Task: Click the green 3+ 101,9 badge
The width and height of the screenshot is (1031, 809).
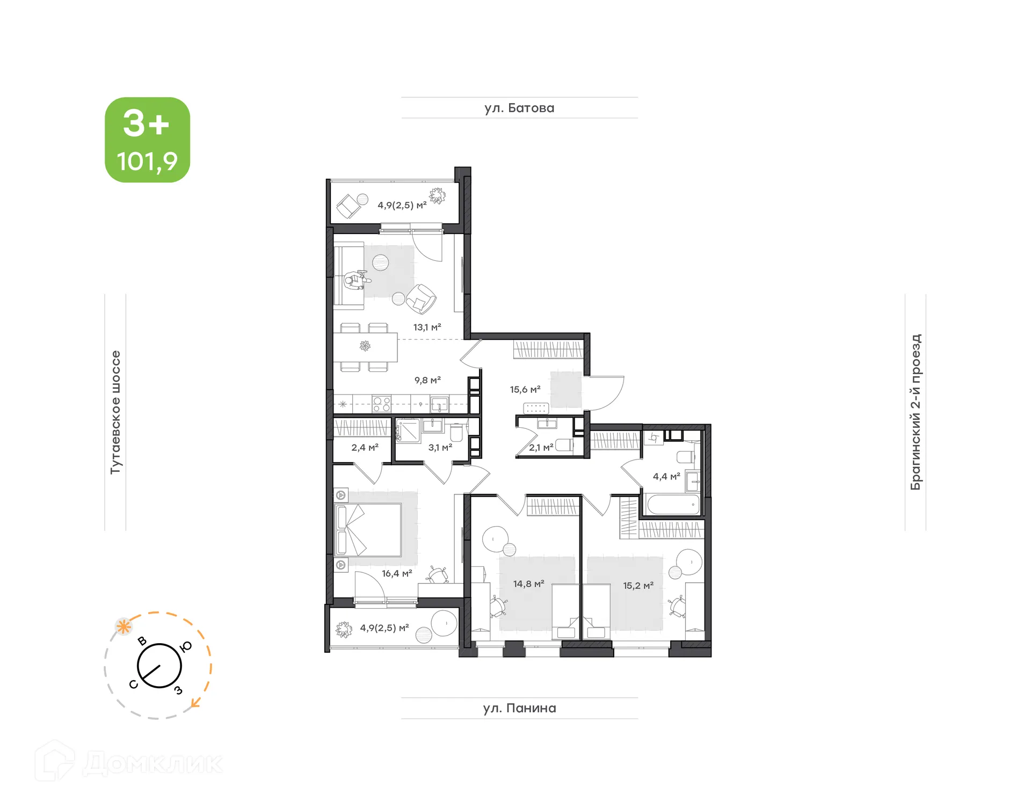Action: coord(147,140)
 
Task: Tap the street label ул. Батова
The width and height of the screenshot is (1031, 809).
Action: coord(519,108)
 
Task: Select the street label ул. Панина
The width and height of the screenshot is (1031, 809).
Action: coord(519,708)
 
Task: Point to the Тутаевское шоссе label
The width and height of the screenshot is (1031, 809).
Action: coord(115,412)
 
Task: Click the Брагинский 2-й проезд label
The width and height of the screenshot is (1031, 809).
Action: coord(916,412)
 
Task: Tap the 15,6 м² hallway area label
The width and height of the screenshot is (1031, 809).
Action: coord(525,389)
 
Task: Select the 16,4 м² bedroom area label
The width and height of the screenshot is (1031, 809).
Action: coord(397,573)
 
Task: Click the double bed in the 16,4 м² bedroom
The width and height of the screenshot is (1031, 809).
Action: coord(368,529)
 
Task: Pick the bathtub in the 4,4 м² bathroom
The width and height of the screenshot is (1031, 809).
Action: coord(673,505)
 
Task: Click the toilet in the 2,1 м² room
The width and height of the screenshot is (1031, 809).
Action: coord(564,445)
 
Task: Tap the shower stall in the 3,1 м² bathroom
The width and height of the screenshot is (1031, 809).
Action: coord(408,430)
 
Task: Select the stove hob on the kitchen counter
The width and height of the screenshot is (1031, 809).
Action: coord(381,404)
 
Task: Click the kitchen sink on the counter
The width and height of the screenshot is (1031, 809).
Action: coord(439,404)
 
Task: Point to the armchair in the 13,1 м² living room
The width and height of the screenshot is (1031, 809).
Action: coord(421,299)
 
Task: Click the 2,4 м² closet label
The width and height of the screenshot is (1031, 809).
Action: coord(365,447)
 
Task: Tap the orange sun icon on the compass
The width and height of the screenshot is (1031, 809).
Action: coord(124,626)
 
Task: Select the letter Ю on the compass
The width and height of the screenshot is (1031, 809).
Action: coord(186,647)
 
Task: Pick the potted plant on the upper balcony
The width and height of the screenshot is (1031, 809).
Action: coord(437,196)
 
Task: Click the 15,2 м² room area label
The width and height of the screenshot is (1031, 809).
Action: coord(638,585)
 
